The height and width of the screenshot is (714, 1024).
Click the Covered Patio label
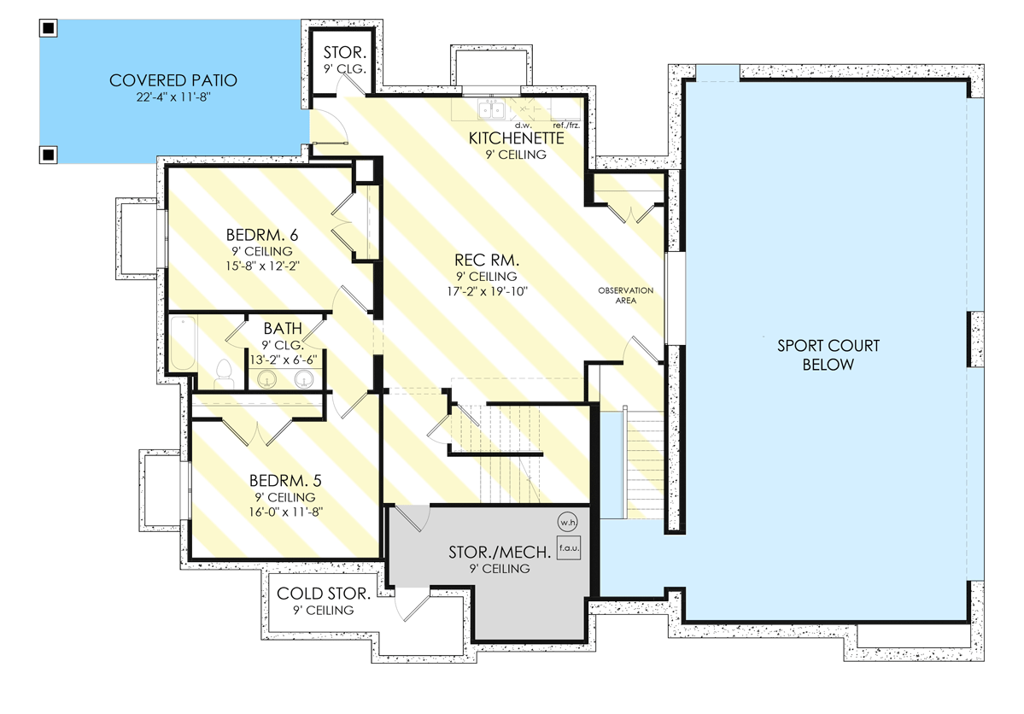tap(173, 80)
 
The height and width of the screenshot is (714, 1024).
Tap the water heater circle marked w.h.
tap(567, 522)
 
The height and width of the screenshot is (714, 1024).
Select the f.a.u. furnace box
tap(569, 548)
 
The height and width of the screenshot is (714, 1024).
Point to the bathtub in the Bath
tap(183, 343)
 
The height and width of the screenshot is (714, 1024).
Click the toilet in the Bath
tap(224, 374)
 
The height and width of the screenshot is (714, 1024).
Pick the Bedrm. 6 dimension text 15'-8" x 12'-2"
tap(262, 266)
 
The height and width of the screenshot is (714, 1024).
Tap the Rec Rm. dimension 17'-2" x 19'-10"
tap(487, 291)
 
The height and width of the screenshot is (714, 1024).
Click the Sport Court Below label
tap(828, 354)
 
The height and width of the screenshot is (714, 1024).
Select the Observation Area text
tap(626, 296)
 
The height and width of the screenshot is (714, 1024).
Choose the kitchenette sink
tap(491, 109)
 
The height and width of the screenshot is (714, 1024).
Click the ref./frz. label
tap(566, 125)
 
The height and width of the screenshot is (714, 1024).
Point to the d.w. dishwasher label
tap(523, 125)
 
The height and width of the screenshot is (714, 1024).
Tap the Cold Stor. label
tap(324, 593)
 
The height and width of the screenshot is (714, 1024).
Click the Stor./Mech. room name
tap(500, 552)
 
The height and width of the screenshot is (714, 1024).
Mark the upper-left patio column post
tap(49, 27)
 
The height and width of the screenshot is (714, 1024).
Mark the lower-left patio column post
tap(49, 155)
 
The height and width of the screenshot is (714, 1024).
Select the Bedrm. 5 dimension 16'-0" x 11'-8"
tap(286, 512)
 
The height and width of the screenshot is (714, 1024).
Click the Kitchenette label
tap(516, 138)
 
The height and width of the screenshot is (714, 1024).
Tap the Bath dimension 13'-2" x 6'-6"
tap(284, 360)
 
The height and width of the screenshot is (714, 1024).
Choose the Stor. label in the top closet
tap(345, 52)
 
